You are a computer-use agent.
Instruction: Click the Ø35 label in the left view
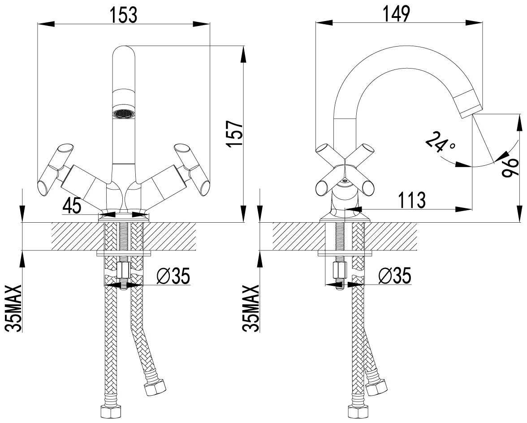[x=173, y=276]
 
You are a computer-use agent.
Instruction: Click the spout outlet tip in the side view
[x=471, y=103]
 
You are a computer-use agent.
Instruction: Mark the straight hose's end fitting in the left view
[x=108, y=410]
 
